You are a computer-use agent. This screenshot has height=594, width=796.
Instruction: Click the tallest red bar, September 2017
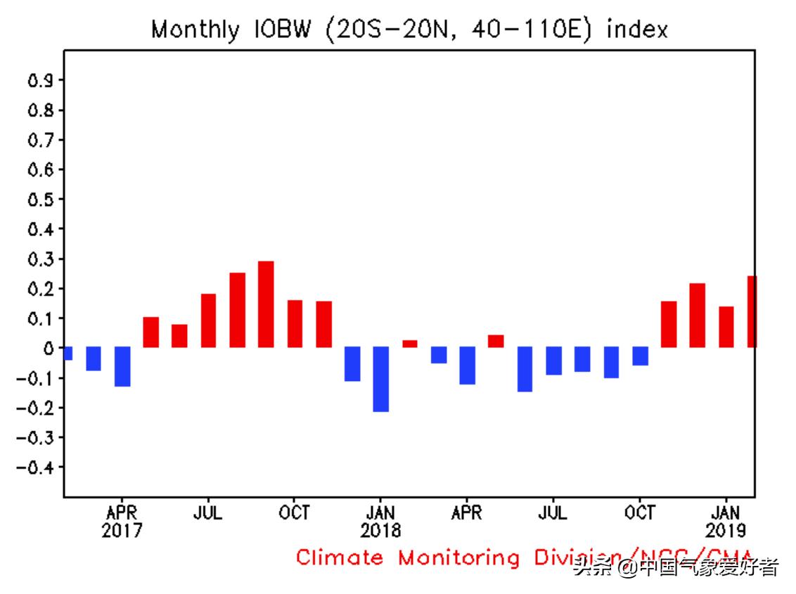pos(266,304)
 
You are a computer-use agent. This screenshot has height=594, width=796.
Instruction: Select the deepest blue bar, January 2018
pos(380,379)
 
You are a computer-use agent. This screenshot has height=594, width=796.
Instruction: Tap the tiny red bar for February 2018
pos(409,344)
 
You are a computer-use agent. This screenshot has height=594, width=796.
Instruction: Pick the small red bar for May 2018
pos(496,341)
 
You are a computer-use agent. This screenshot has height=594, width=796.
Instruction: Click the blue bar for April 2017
pos(122,366)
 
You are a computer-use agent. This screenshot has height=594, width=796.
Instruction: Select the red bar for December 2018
pos(697,315)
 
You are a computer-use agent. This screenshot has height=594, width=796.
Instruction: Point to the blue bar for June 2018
pos(525,369)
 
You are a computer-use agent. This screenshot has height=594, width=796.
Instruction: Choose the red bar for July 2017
pos(208,321)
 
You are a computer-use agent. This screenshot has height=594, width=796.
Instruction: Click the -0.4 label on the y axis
pos(35,467)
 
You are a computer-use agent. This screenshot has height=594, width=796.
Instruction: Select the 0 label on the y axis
pos(49,349)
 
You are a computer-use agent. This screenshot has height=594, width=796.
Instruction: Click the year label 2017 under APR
pos(122,530)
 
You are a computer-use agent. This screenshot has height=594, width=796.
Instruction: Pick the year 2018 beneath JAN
pos(380,530)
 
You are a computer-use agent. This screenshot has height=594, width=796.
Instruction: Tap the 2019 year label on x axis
pos(726,530)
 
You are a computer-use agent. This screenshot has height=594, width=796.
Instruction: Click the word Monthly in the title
pos(195,30)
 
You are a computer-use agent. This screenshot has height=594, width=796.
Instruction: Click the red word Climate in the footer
pos(340,558)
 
